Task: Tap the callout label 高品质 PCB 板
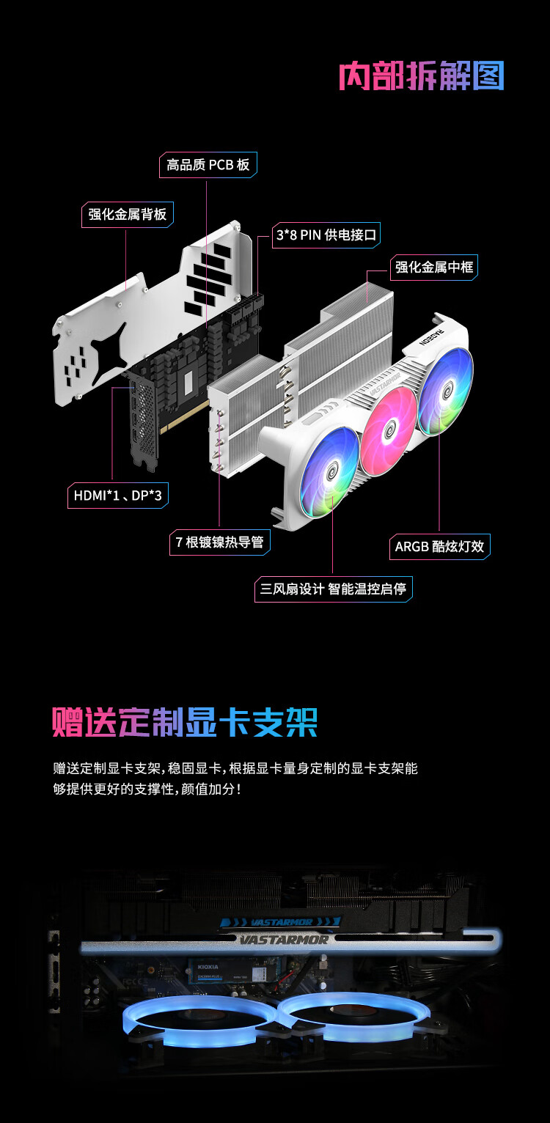tap(208, 165)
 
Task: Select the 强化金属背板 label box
tap(128, 214)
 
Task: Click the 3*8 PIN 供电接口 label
tap(326, 235)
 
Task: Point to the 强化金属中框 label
tap(434, 267)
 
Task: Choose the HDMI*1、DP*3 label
tap(118, 496)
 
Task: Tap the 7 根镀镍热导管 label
tap(220, 542)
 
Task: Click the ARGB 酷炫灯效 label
tap(439, 546)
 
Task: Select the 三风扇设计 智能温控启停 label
tap(333, 589)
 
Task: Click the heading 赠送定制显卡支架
tap(185, 722)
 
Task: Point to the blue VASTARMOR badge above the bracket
tap(282, 921)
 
